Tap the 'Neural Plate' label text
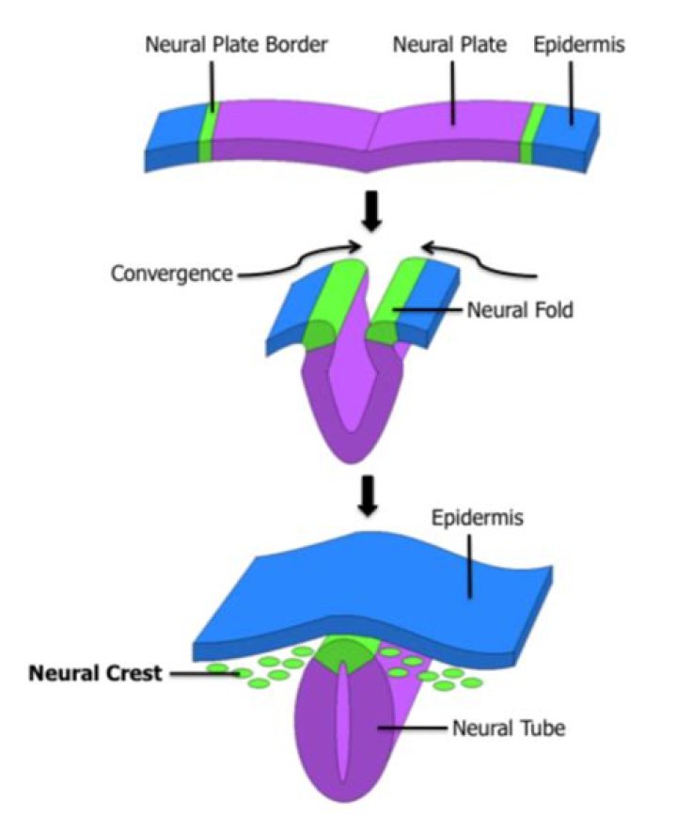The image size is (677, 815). click(450, 44)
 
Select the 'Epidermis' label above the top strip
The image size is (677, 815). click(579, 44)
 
